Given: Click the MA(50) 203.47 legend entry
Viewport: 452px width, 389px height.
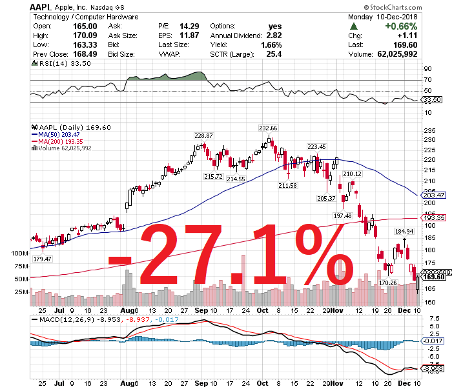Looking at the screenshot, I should [x=61, y=134].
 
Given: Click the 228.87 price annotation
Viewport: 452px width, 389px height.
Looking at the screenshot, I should [x=203, y=135].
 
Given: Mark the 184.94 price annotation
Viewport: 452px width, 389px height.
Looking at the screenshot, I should [x=404, y=230].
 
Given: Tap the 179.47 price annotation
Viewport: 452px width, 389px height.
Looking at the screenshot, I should [x=43, y=259].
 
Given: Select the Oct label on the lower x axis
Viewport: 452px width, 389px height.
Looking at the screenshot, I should [x=263, y=382].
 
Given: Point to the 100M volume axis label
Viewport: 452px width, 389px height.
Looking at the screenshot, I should [x=22, y=254].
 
